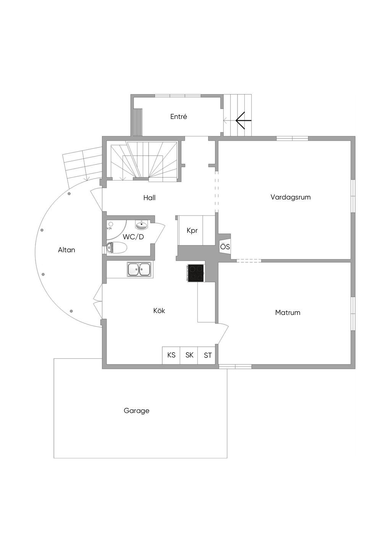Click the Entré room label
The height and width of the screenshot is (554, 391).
click(x=179, y=117)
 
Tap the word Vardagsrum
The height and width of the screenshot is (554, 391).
click(x=291, y=197)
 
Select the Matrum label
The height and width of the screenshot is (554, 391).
click(x=288, y=312)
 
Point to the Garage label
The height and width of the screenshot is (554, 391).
click(x=136, y=411)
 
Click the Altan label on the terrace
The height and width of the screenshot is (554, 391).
click(x=66, y=250)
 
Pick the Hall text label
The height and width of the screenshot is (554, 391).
click(x=149, y=198)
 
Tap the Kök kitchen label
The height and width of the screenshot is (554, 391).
click(x=159, y=310)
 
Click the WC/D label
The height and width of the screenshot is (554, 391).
click(x=133, y=237)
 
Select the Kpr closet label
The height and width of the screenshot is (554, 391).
click(x=192, y=231)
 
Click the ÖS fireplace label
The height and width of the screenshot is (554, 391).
click(x=225, y=247)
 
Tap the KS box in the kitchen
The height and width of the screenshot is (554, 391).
click(x=171, y=355)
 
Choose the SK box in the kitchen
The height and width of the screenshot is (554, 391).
click(x=189, y=355)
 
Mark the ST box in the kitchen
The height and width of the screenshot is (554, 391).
click(x=207, y=355)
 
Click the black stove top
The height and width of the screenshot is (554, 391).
click(x=196, y=273)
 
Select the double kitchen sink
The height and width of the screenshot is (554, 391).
click(x=139, y=269)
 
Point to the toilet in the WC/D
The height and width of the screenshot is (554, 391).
click(x=116, y=248)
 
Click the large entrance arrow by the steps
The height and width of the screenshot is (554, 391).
click(x=243, y=120)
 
